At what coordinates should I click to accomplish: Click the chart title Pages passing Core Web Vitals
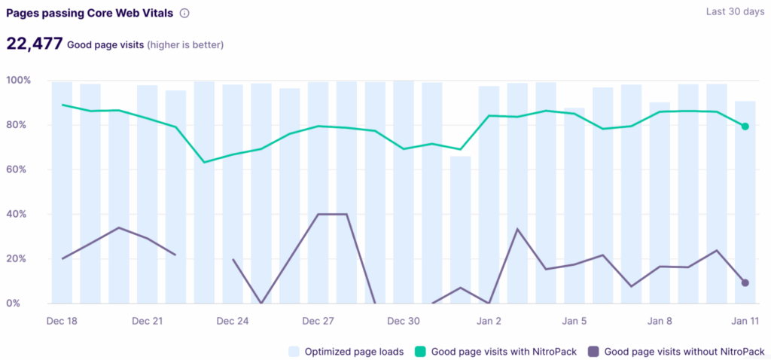click(x=90, y=13)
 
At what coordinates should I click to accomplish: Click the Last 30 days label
click(x=735, y=12)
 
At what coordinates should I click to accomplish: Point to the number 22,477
click(x=34, y=44)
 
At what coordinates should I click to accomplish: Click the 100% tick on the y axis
click(x=18, y=81)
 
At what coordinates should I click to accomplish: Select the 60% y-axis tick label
click(x=19, y=169)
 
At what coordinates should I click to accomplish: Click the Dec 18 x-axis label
click(x=62, y=322)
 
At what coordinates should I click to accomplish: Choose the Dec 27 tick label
click(x=318, y=322)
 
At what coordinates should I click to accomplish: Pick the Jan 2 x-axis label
click(x=489, y=322)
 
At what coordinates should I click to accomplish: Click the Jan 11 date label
click(x=745, y=322)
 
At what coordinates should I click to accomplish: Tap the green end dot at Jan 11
click(x=745, y=127)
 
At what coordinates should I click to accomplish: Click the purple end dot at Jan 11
click(x=745, y=283)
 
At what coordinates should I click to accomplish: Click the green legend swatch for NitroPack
click(x=422, y=351)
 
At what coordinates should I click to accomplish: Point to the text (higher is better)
click(x=185, y=45)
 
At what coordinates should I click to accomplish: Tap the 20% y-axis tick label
click(x=19, y=259)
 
